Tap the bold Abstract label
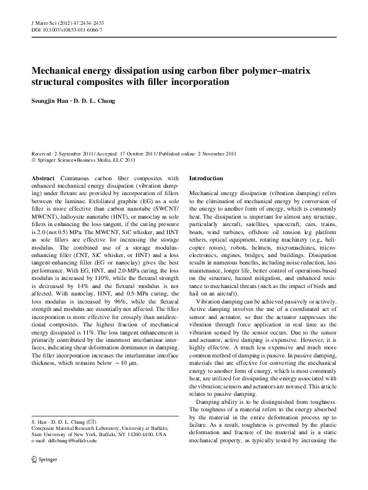point(43,178)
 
